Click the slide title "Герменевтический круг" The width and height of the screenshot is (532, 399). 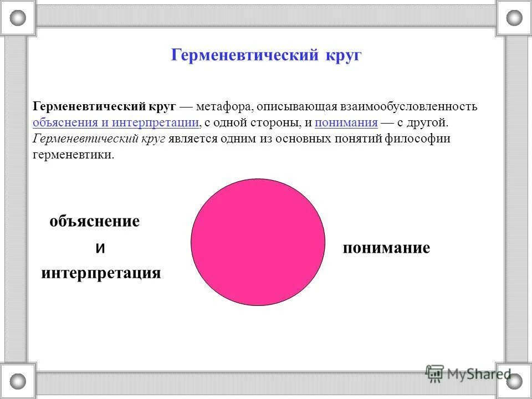266,55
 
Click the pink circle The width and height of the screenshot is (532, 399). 258,242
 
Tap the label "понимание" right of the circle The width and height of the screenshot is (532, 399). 386,248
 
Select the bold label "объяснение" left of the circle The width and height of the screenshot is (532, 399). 94,222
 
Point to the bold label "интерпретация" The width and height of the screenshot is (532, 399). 101,273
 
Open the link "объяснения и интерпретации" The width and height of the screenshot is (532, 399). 116,122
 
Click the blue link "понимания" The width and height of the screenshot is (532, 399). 346,122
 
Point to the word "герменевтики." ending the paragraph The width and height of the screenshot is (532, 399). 73,155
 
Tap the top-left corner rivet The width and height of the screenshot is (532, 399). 18,17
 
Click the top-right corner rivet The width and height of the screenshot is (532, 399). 514,17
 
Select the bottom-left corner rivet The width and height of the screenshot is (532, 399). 18,381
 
